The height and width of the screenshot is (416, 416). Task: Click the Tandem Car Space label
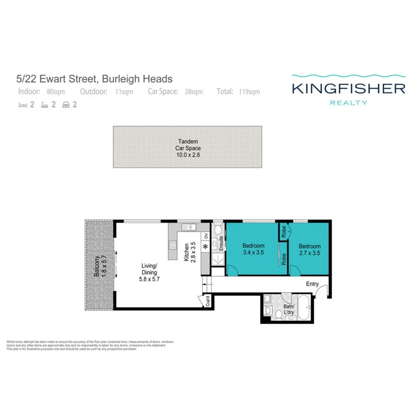click(x=187, y=148)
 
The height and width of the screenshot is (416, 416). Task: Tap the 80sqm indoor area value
click(x=56, y=92)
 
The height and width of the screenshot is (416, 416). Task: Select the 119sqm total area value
click(x=249, y=92)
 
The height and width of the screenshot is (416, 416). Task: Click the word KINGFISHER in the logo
click(x=348, y=88)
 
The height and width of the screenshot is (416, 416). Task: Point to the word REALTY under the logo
click(x=348, y=103)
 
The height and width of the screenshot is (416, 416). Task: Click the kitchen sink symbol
click(x=190, y=227)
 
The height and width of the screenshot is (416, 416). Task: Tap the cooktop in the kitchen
click(x=173, y=245)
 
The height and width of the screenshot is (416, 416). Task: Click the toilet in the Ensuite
click(x=217, y=230)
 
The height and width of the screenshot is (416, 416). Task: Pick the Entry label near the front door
click(x=312, y=284)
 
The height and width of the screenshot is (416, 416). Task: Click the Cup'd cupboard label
click(x=208, y=302)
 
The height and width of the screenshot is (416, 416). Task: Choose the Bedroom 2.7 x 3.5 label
click(x=309, y=249)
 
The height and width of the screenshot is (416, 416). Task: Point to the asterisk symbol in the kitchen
click(x=205, y=247)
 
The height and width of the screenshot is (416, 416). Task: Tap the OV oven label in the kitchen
click(x=206, y=236)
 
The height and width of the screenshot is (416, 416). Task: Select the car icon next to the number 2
click(x=66, y=106)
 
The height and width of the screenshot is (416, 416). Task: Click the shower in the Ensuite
click(x=217, y=259)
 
